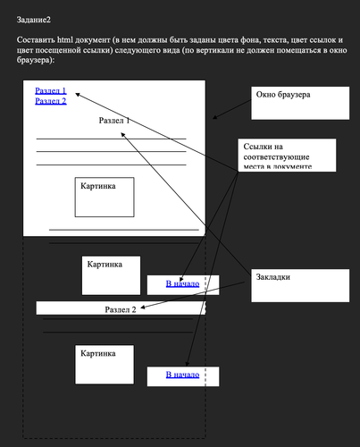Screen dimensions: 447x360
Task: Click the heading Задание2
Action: (34, 19)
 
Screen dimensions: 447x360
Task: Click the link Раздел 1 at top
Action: (51, 90)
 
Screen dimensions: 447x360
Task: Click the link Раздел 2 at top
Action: (51, 101)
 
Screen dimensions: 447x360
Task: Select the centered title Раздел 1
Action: (114, 120)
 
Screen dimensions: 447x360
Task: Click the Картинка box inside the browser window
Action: (105, 197)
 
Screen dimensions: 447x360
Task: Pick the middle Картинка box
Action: (112, 275)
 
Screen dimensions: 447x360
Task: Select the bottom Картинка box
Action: (104, 365)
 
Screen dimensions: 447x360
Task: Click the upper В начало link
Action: (182, 283)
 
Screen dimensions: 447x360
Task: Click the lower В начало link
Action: (182, 374)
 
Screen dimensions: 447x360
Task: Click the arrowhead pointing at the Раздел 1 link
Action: (78, 93)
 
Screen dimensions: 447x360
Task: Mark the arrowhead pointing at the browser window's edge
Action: (213, 117)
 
